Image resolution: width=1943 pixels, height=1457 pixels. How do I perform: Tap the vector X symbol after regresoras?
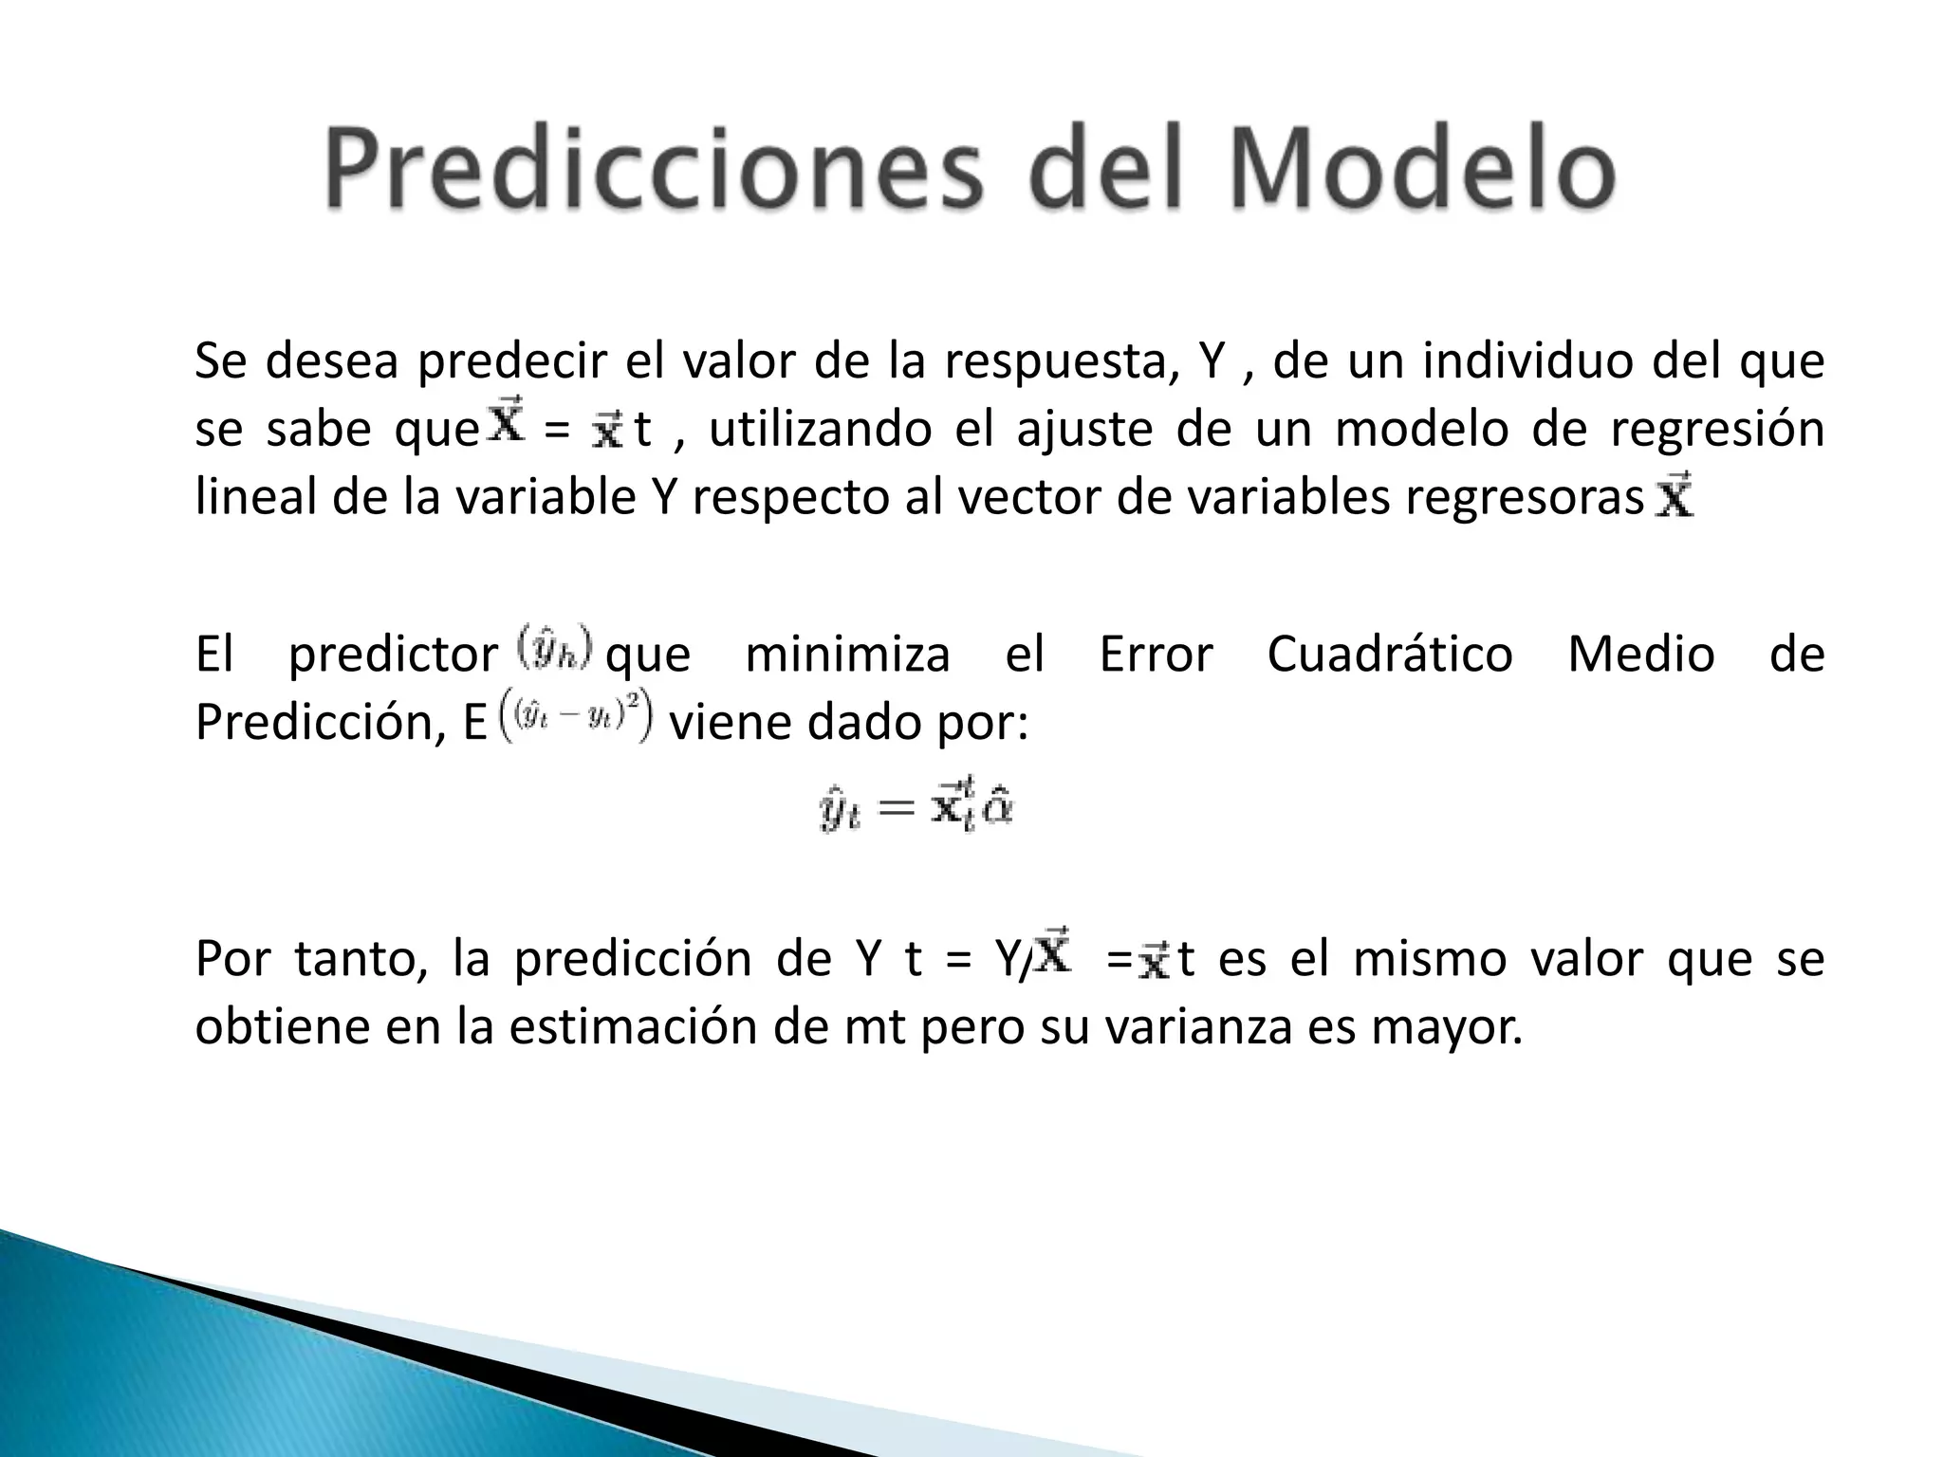(x=1675, y=496)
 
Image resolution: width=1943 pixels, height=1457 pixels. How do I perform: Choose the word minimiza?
(x=847, y=655)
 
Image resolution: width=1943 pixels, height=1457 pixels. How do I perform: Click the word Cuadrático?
(x=1390, y=655)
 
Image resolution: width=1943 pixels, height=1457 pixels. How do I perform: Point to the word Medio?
(x=1641, y=655)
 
